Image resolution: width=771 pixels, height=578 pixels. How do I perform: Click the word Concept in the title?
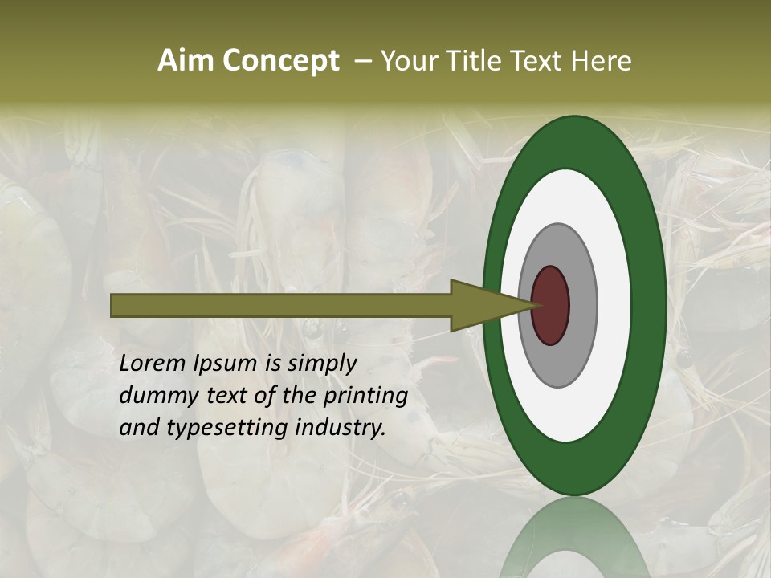point(280,61)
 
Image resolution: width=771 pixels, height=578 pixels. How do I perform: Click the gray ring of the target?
point(583,305)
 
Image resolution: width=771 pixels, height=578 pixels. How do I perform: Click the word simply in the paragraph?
point(321,364)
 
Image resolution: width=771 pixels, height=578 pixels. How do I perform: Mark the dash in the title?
point(362,61)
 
